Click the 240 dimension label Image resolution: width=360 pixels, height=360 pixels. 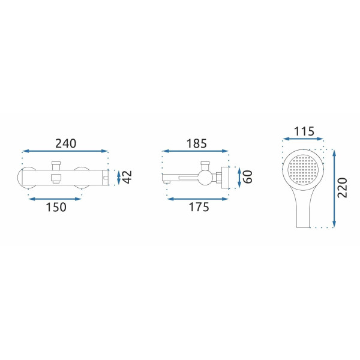(x=65, y=143)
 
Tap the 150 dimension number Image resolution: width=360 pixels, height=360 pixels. (x=56, y=207)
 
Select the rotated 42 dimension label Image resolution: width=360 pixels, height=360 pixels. (x=127, y=177)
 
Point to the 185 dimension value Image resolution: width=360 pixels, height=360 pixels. (x=197, y=143)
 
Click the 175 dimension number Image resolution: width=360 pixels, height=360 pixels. (x=199, y=207)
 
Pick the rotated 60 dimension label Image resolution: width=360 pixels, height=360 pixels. (x=247, y=177)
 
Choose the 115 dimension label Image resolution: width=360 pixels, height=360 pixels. (x=304, y=131)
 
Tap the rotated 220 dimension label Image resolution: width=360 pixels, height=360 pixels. (x=343, y=188)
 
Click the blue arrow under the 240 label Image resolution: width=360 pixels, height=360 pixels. (x=65, y=151)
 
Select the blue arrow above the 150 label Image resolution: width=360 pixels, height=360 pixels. (x=55, y=199)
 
